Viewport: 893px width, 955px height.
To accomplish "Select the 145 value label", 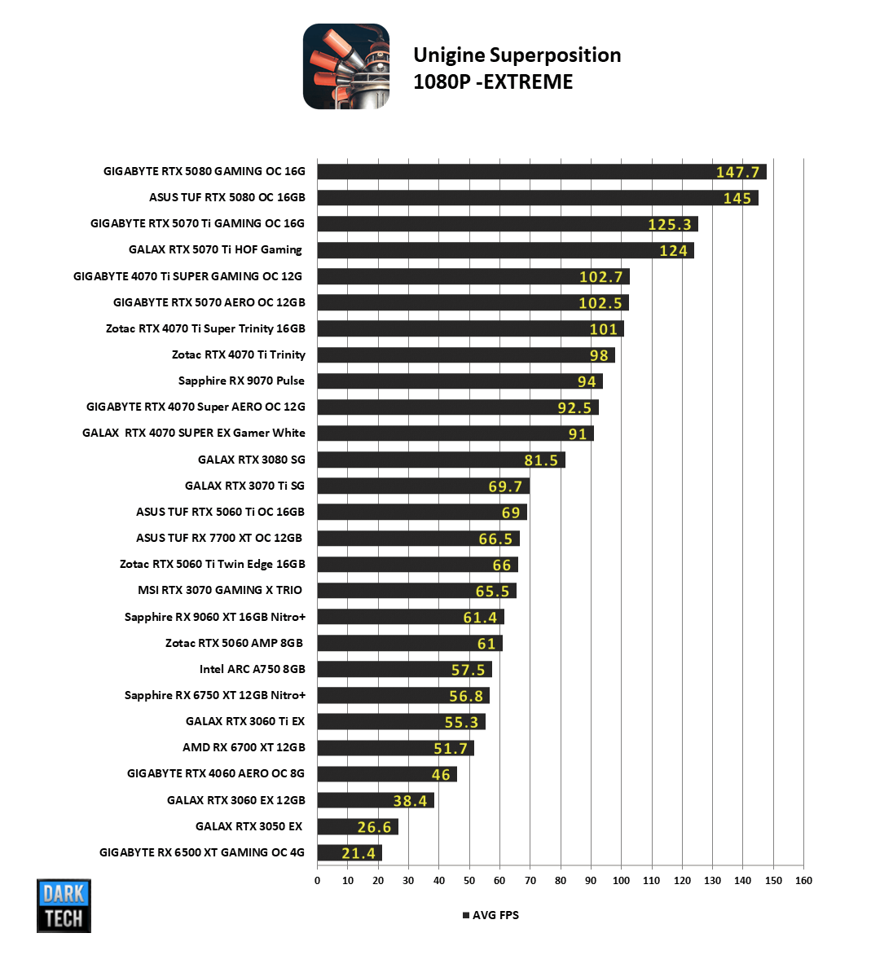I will tap(737, 199).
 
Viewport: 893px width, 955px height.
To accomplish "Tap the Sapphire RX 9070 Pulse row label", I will tap(241, 381).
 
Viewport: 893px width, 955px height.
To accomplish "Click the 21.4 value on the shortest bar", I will tap(359, 853).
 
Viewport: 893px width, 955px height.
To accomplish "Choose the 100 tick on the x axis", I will tap(621, 881).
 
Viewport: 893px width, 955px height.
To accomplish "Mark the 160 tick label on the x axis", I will tap(803, 881).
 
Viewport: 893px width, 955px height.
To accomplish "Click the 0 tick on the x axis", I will tap(318, 881).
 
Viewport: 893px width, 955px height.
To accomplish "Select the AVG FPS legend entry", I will tap(490, 915).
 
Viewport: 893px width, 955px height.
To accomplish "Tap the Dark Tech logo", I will tap(64, 905).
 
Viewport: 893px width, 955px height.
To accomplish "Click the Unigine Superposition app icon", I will tap(346, 67).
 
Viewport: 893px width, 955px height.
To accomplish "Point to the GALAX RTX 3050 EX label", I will tap(249, 826).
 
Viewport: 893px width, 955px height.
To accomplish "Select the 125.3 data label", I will tap(669, 225).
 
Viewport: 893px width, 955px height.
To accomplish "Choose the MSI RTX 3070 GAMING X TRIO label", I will tap(220, 590).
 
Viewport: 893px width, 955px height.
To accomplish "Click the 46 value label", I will tap(441, 775).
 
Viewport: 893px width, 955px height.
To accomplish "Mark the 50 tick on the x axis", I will tap(469, 881).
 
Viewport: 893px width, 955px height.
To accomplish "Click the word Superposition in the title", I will tap(555, 55).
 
